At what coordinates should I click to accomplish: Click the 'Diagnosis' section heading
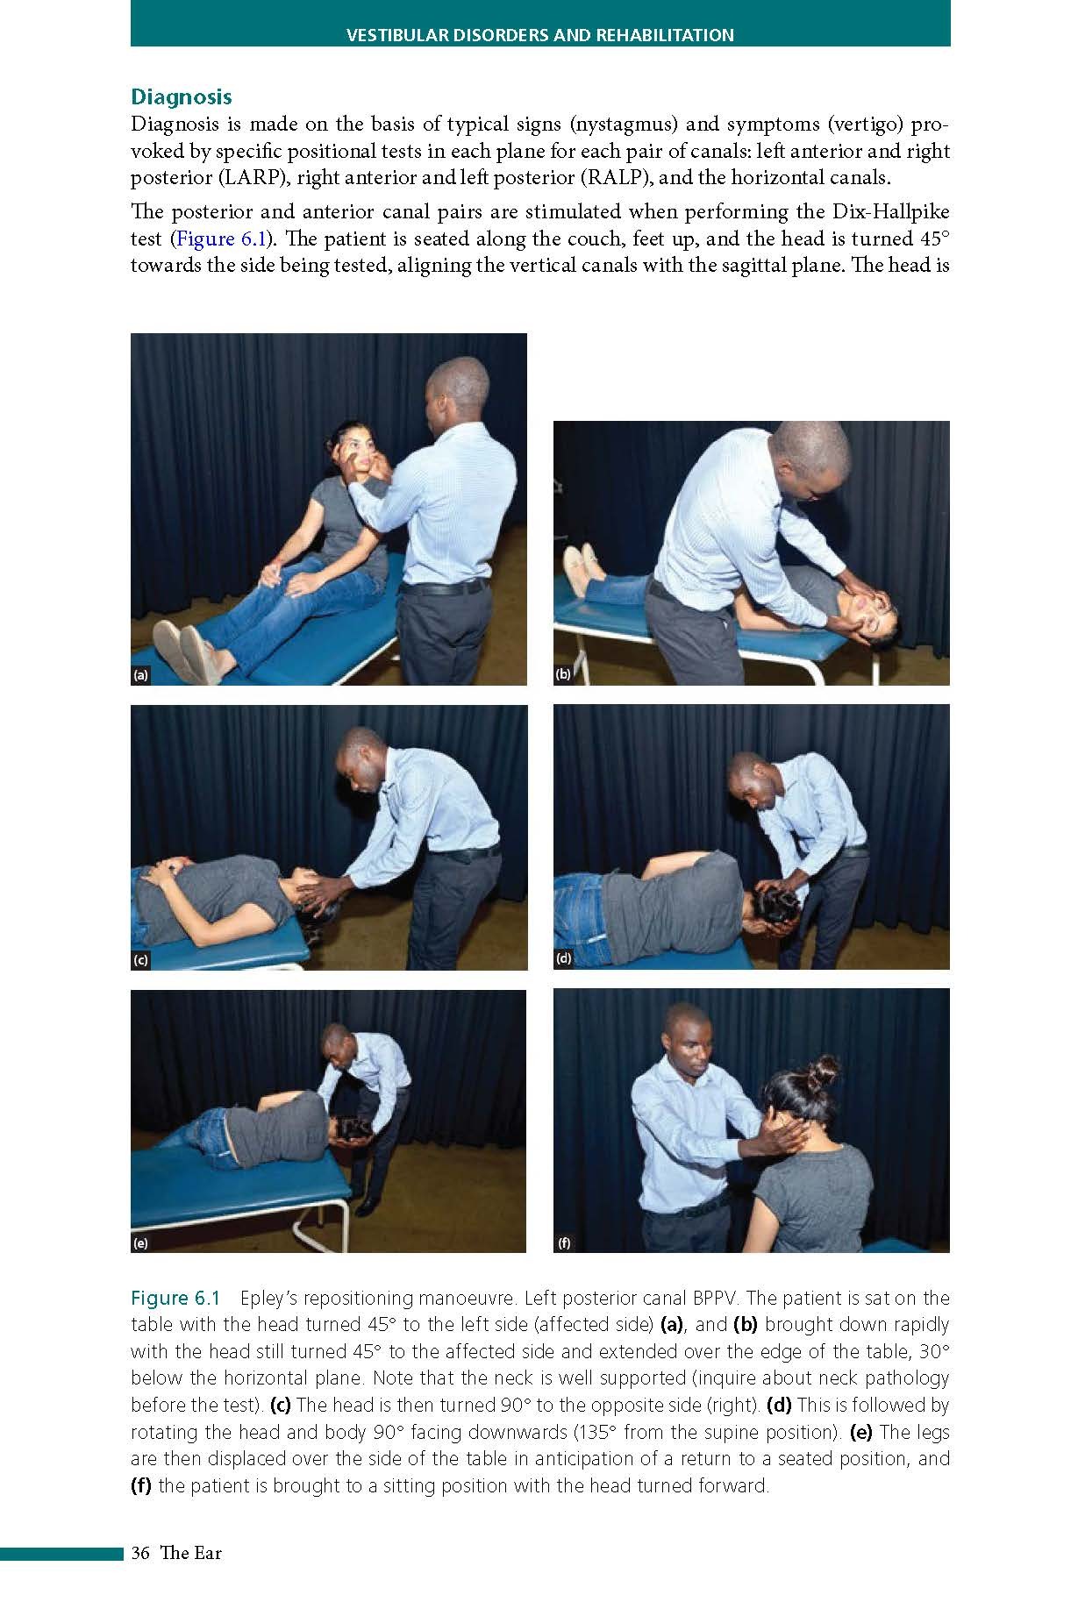pyautogui.click(x=182, y=96)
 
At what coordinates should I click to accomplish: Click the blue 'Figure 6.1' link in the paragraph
pyautogui.click(x=218, y=238)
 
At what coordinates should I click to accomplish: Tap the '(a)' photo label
pyautogui.click(x=140, y=675)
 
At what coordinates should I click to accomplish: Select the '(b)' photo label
pyautogui.click(x=563, y=674)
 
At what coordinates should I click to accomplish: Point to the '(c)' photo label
pyautogui.click(x=140, y=960)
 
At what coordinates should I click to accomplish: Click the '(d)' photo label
pyautogui.click(x=563, y=958)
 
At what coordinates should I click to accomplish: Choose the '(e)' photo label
pyautogui.click(x=140, y=1242)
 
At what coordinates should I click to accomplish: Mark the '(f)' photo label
pyautogui.click(x=563, y=1242)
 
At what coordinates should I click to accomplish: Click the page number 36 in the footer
pyautogui.click(x=140, y=1553)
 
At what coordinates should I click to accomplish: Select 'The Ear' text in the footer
pyautogui.click(x=190, y=1553)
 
